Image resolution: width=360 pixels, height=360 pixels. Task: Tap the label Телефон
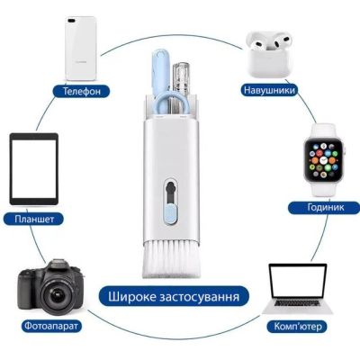click(81, 91)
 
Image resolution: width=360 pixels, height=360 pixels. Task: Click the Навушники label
click(267, 90)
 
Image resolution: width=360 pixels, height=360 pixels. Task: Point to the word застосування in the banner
click(207, 296)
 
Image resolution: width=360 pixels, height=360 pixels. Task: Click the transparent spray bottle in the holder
click(184, 81)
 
